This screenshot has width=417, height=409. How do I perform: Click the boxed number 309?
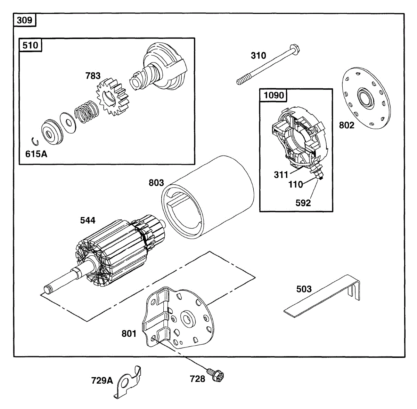(24, 20)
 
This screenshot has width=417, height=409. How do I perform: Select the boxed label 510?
(30, 45)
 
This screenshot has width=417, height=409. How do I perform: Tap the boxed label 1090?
(274, 95)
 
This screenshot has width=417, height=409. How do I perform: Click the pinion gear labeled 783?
(112, 98)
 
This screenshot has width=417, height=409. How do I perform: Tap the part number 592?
(303, 203)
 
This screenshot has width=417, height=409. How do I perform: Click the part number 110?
(296, 184)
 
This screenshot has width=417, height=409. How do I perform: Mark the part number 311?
(281, 175)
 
